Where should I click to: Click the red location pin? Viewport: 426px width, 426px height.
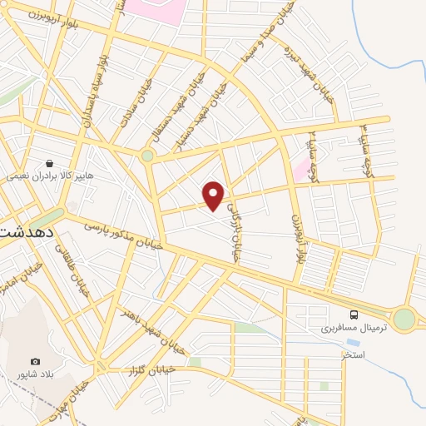coord(214,195)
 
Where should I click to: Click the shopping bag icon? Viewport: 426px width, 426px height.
coord(51,164)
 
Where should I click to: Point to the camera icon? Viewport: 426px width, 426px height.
coord(35,361)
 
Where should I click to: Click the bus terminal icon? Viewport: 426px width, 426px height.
coord(354,315)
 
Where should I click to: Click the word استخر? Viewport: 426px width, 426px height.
coord(354,355)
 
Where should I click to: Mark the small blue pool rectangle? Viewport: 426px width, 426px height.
coord(353,342)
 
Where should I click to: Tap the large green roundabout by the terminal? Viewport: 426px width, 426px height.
coord(404,318)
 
